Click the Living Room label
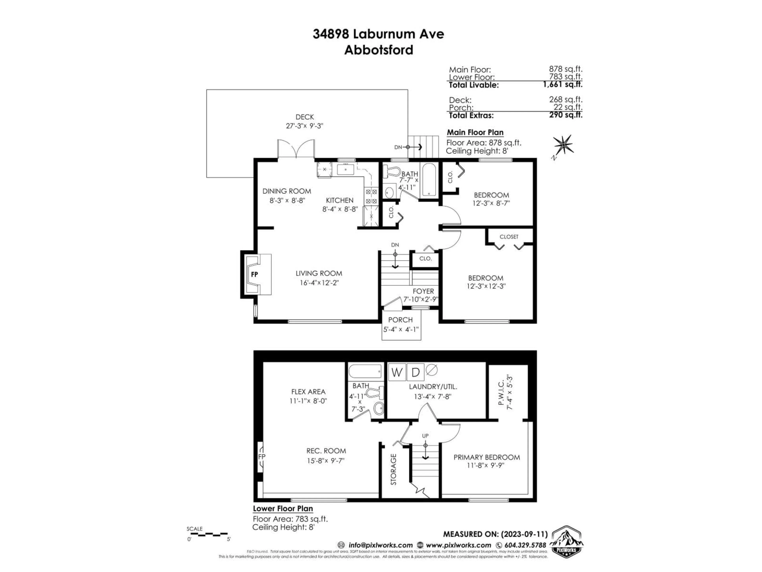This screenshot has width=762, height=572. (x=319, y=273)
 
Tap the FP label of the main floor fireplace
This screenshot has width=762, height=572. (x=255, y=274)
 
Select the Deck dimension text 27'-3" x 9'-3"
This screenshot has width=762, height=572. (x=305, y=126)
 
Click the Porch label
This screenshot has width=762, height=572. (x=400, y=320)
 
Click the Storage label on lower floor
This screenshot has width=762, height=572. (x=393, y=469)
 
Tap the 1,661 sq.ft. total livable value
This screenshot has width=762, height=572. (x=563, y=84)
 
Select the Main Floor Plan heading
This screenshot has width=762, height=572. (x=475, y=132)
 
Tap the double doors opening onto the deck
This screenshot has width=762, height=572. (x=296, y=149)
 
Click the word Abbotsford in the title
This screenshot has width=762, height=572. (x=379, y=50)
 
